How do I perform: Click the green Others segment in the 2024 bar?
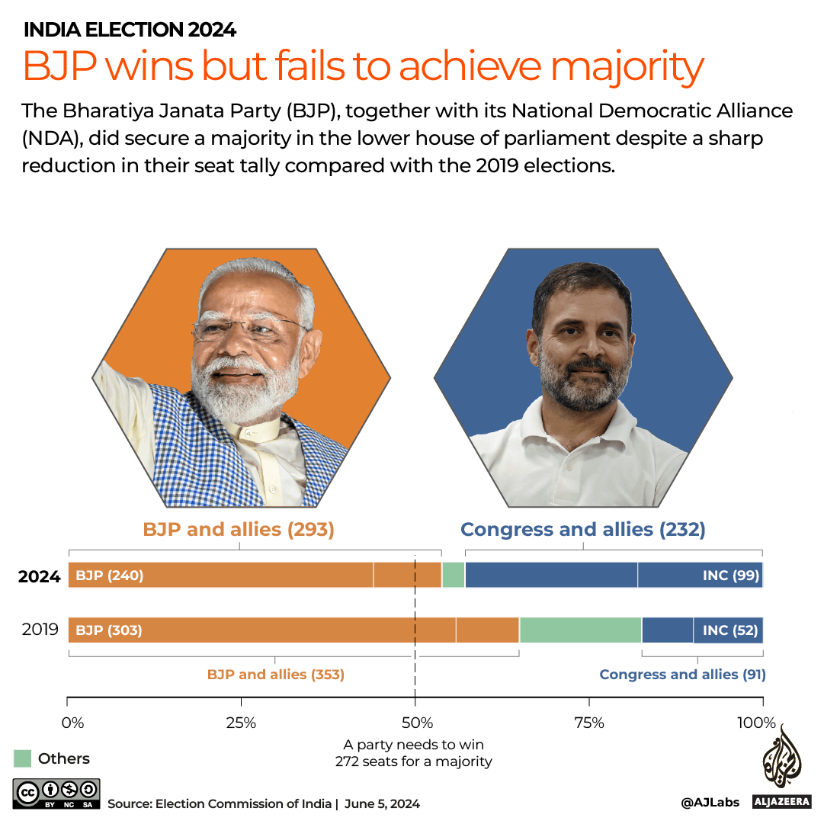(454, 576)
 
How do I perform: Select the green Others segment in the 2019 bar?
(580, 630)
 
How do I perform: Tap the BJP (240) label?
(110, 576)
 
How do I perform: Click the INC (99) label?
(731, 576)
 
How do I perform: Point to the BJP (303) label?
(109, 630)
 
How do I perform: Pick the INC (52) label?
(731, 630)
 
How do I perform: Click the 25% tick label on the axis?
(241, 723)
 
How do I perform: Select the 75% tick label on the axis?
(588, 723)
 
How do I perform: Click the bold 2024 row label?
(40, 577)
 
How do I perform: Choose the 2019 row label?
(40, 630)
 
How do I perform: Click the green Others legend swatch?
(23, 758)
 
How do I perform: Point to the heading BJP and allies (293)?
(239, 529)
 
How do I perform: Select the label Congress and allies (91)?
(682, 674)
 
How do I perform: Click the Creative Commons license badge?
(56, 793)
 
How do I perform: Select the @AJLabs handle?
(710, 803)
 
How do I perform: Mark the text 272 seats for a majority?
(413, 761)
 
